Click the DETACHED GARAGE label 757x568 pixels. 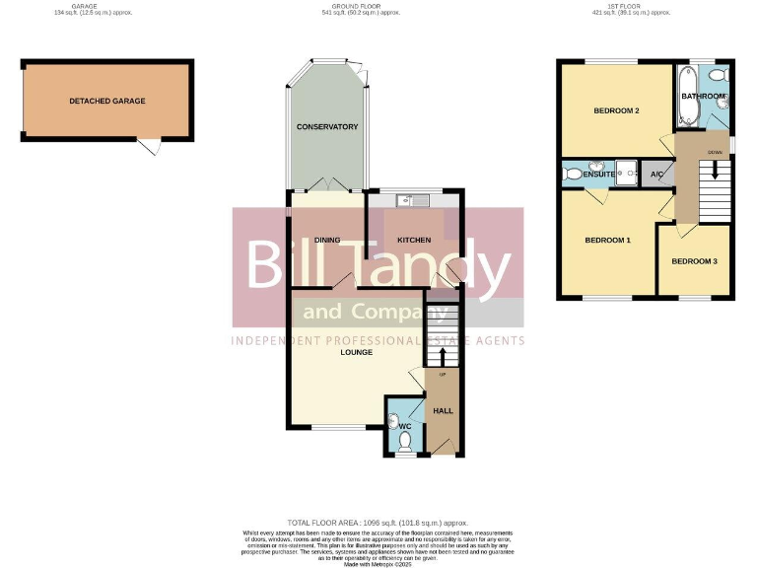tap(107, 102)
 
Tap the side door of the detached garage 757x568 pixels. tap(149, 147)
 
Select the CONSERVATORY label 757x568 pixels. tap(327, 127)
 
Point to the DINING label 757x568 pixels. tap(327, 241)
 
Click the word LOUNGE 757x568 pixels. tap(356, 352)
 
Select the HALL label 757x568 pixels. tap(443, 410)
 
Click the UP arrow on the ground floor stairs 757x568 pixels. tap(442, 356)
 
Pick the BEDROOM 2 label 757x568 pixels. tap(617, 111)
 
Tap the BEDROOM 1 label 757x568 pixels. tap(607, 241)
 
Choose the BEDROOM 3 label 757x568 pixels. tap(694, 261)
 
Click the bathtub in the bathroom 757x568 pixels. tap(688, 96)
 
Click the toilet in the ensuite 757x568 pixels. tap(573, 175)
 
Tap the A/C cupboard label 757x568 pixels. tap(656, 175)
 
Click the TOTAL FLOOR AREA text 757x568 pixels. tap(378, 523)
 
